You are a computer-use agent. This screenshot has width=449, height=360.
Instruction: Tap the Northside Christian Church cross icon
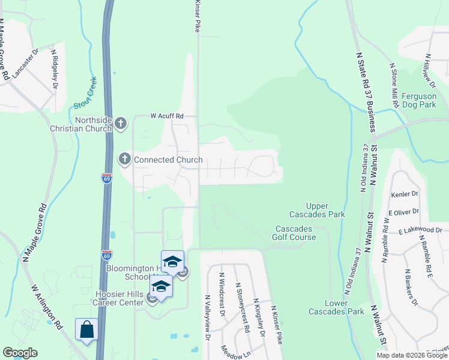click(121, 124)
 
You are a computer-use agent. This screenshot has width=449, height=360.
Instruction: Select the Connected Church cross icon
click(125, 159)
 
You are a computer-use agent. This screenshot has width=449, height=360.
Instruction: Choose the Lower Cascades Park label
click(328, 307)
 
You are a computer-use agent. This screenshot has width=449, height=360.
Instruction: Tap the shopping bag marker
click(86, 329)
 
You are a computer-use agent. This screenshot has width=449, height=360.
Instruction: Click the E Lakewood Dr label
click(419, 230)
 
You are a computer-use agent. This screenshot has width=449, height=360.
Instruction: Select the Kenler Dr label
click(403, 194)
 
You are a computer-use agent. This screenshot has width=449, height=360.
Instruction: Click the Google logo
click(20, 353)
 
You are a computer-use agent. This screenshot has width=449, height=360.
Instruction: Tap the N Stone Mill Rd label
click(394, 86)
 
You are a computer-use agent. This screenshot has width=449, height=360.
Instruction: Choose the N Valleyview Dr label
click(208, 317)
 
